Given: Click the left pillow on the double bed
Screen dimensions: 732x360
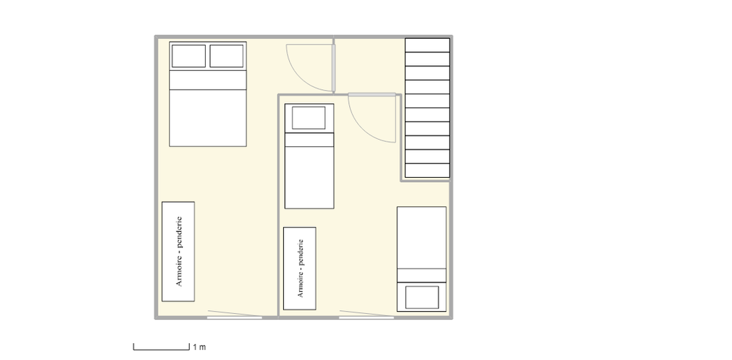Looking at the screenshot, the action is (189, 56).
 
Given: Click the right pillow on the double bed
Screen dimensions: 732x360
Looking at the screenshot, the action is (226, 56).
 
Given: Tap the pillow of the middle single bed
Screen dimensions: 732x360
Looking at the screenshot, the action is (309, 118).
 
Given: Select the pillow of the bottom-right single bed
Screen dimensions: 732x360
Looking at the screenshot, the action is (422, 297).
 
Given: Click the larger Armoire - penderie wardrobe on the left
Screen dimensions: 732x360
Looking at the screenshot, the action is (179, 252).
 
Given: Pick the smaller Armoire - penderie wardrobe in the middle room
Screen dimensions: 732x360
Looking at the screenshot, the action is (299, 269).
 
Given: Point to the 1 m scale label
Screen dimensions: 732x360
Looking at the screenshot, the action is (199, 347).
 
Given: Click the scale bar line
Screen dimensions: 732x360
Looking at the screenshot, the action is (161, 349).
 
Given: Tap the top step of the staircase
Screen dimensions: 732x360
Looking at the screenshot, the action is (427, 45).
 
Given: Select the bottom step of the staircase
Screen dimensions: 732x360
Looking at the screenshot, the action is (427, 170).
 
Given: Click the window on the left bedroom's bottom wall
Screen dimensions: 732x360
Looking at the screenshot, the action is (234, 317).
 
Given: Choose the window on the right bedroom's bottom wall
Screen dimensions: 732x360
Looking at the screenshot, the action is (367, 317).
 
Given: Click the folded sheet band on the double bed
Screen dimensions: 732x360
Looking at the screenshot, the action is (208, 80).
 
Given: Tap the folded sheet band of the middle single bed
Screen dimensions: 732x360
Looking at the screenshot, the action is (309, 140).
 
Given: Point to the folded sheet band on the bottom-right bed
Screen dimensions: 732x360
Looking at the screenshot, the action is (422, 275).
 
